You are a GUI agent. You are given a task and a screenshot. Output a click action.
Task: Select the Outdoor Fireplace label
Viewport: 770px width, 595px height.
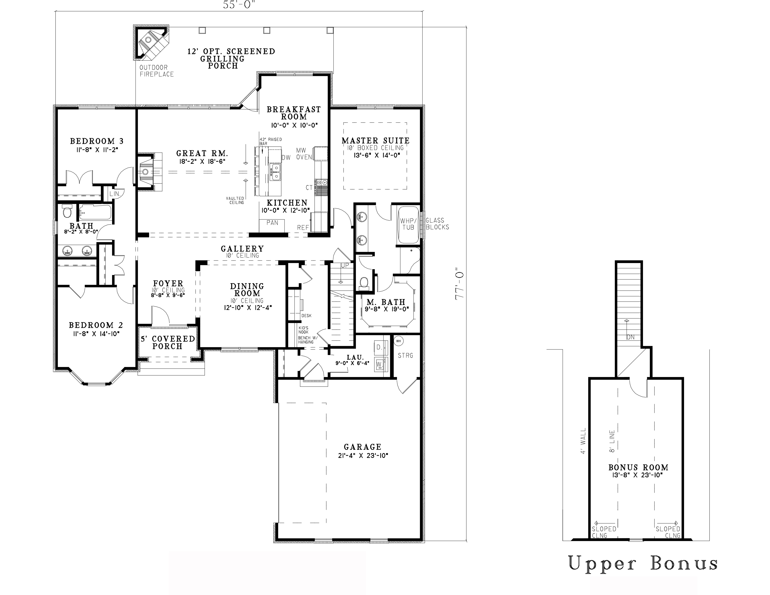157,71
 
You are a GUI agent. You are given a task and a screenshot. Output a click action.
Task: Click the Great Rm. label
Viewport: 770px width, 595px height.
202,153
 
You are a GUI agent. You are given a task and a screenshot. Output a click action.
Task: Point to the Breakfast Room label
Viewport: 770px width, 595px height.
294,113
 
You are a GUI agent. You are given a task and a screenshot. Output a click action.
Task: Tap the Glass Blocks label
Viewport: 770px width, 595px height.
437,224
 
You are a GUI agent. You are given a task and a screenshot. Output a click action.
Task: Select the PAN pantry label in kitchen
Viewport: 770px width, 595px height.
272,222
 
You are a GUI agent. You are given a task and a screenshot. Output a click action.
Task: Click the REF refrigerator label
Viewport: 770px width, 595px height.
303,228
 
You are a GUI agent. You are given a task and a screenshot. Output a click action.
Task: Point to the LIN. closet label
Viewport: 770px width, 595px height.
115,194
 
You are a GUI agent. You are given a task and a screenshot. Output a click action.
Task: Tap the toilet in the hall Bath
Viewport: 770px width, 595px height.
67,212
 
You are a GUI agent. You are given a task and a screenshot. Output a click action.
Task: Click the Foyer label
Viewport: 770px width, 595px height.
168,284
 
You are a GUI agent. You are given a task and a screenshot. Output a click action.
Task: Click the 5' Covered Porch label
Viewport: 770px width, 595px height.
168,342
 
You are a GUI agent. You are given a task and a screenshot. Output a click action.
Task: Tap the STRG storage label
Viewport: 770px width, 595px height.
405,356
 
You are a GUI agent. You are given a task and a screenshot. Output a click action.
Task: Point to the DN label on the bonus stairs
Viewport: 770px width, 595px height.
630,337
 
